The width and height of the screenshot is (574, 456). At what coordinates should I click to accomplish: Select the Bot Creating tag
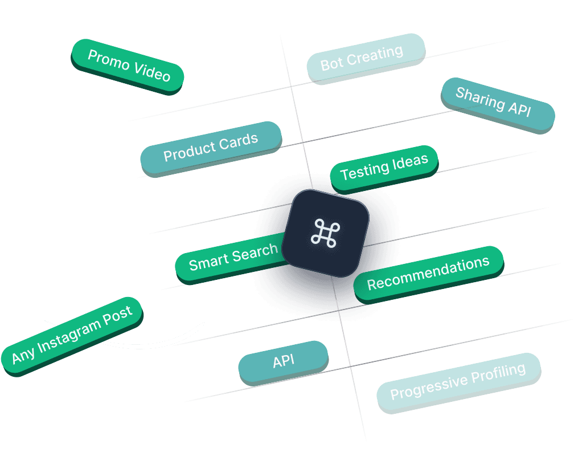(x=365, y=58)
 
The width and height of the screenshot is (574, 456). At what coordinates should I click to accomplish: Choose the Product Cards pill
(x=211, y=148)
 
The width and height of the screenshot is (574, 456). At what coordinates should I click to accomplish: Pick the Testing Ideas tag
(x=384, y=168)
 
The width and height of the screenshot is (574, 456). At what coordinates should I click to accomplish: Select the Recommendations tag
(x=428, y=273)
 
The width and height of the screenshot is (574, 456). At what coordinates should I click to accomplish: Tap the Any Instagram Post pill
(x=72, y=335)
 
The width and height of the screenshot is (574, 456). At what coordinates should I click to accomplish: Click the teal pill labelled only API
(x=283, y=362)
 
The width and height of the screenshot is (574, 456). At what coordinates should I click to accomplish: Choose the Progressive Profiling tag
(x=458, y=381)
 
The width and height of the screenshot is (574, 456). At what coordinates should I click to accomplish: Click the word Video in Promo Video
(x=151, y=71)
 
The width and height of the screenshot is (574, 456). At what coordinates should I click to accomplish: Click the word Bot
(x=331, y=62)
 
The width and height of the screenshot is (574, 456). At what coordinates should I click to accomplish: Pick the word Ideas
(x=408, y=163)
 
